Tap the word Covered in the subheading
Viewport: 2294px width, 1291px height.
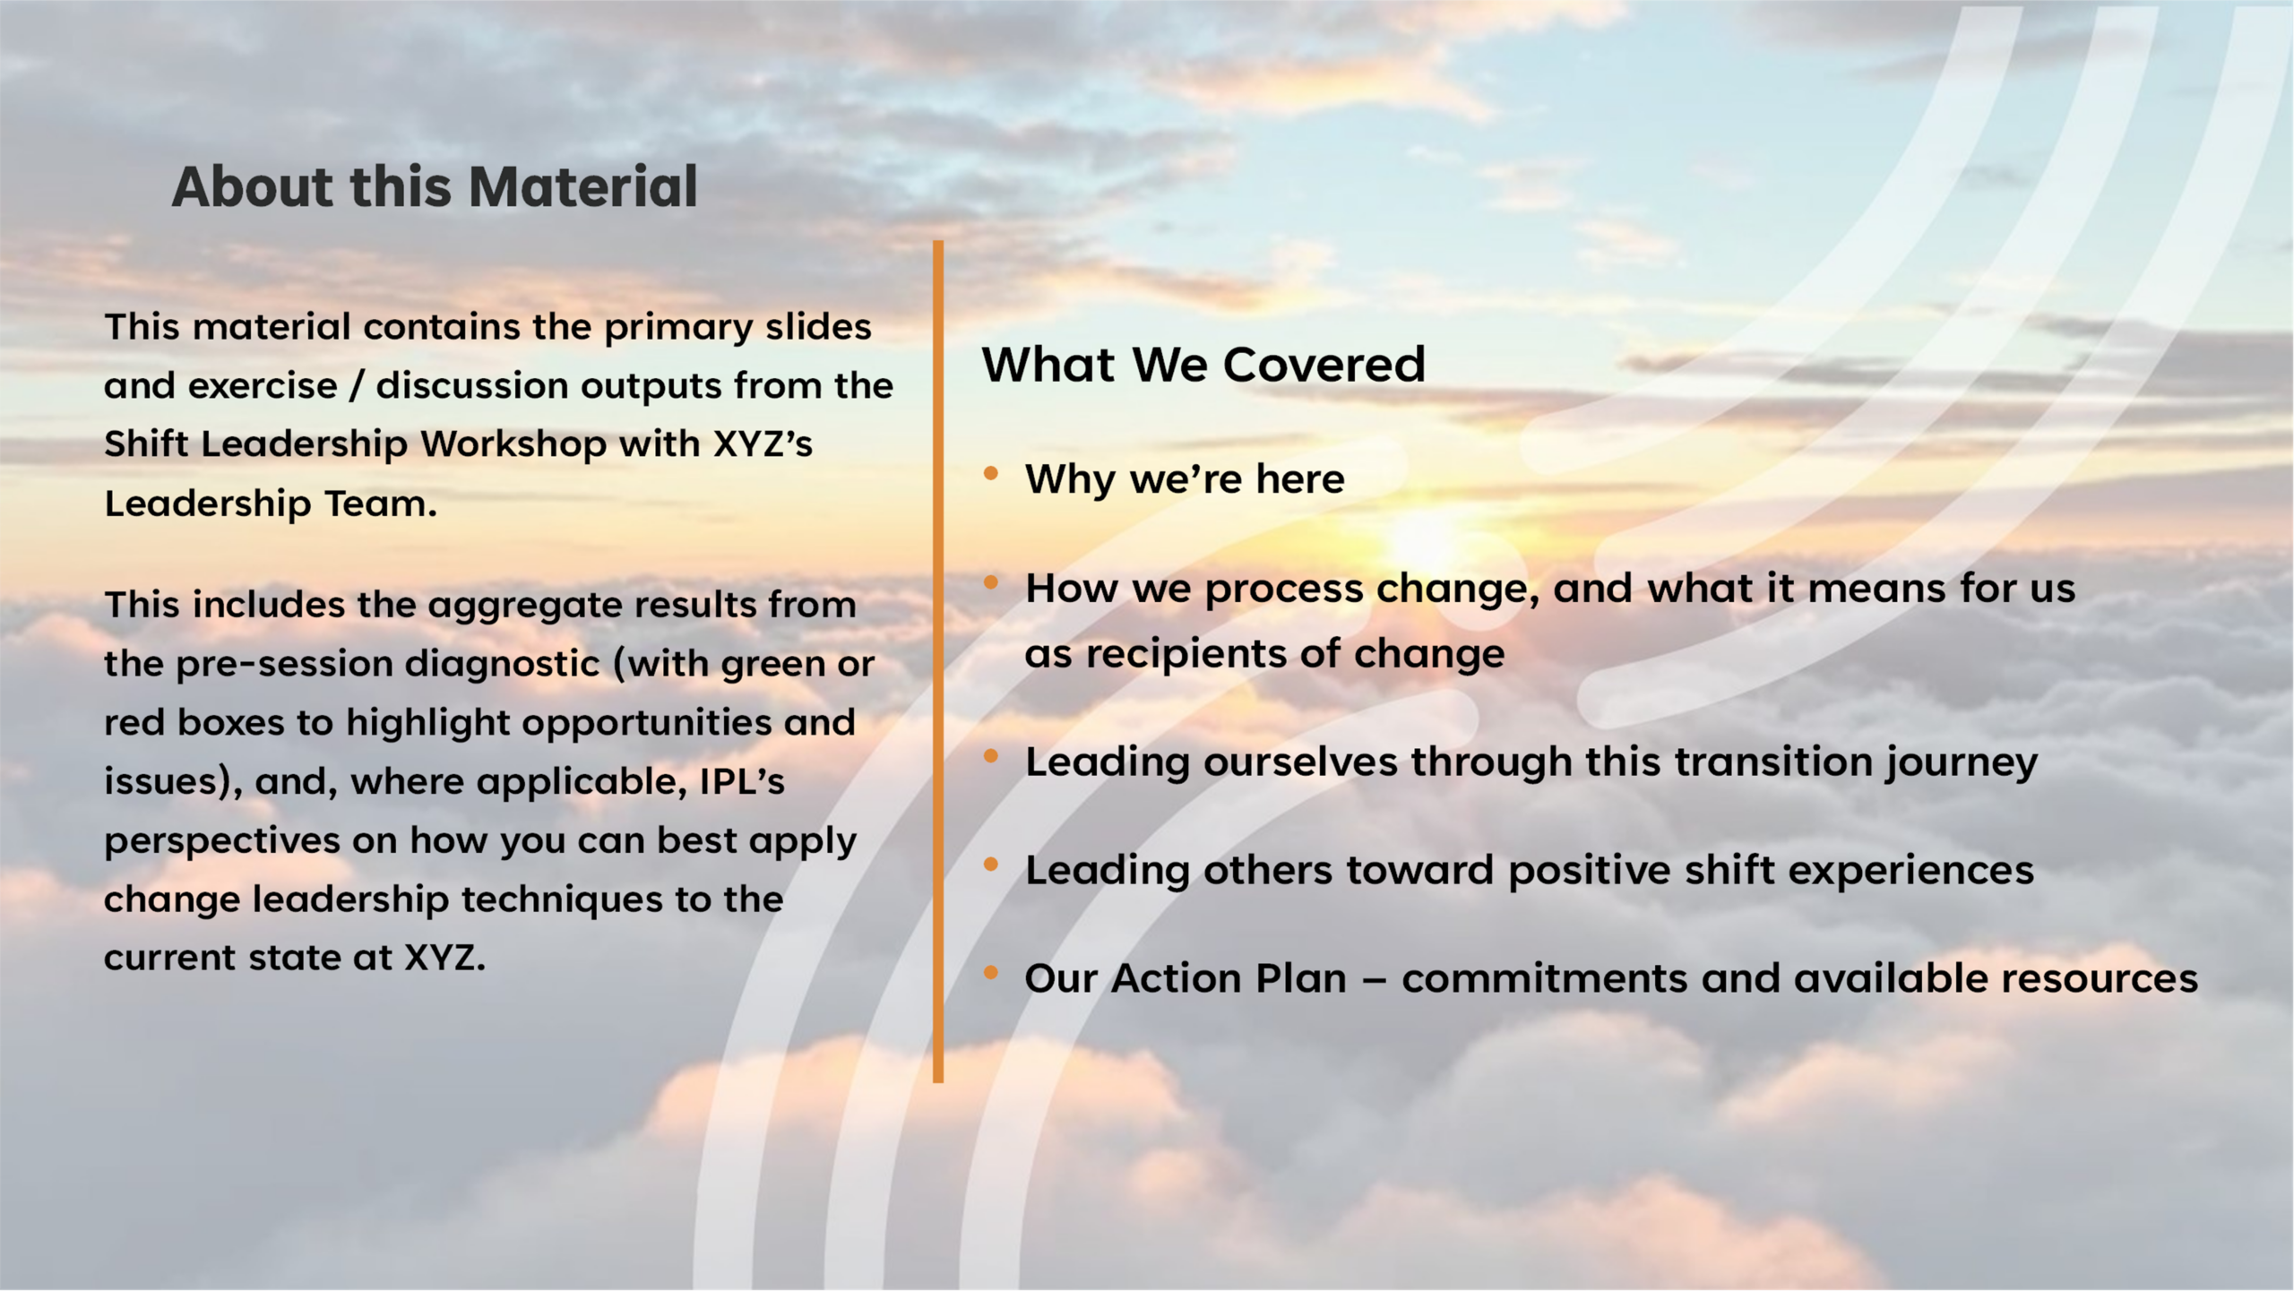(1324, 365)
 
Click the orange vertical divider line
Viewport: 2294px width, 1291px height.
(938, 661)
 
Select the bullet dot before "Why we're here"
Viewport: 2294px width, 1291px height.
(990, 473)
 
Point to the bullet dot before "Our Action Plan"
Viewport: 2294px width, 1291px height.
(990, 972)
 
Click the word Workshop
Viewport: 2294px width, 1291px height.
(513, 444)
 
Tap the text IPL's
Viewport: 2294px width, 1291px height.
(742, 781)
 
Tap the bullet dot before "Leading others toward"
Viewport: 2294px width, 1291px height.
(990, 865)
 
